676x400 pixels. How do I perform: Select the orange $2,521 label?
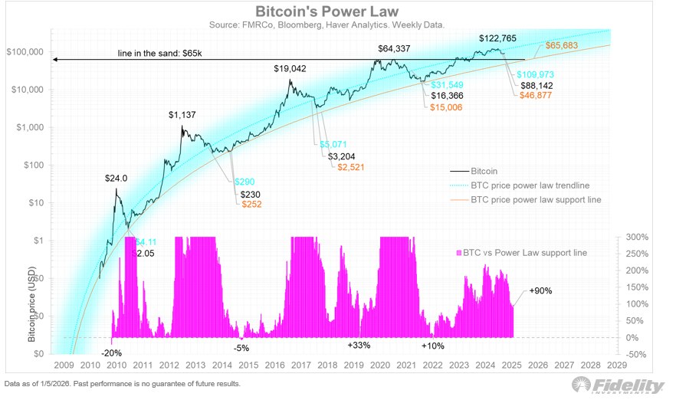(x=353, y=166)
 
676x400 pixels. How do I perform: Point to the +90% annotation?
(x=540, y=291)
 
